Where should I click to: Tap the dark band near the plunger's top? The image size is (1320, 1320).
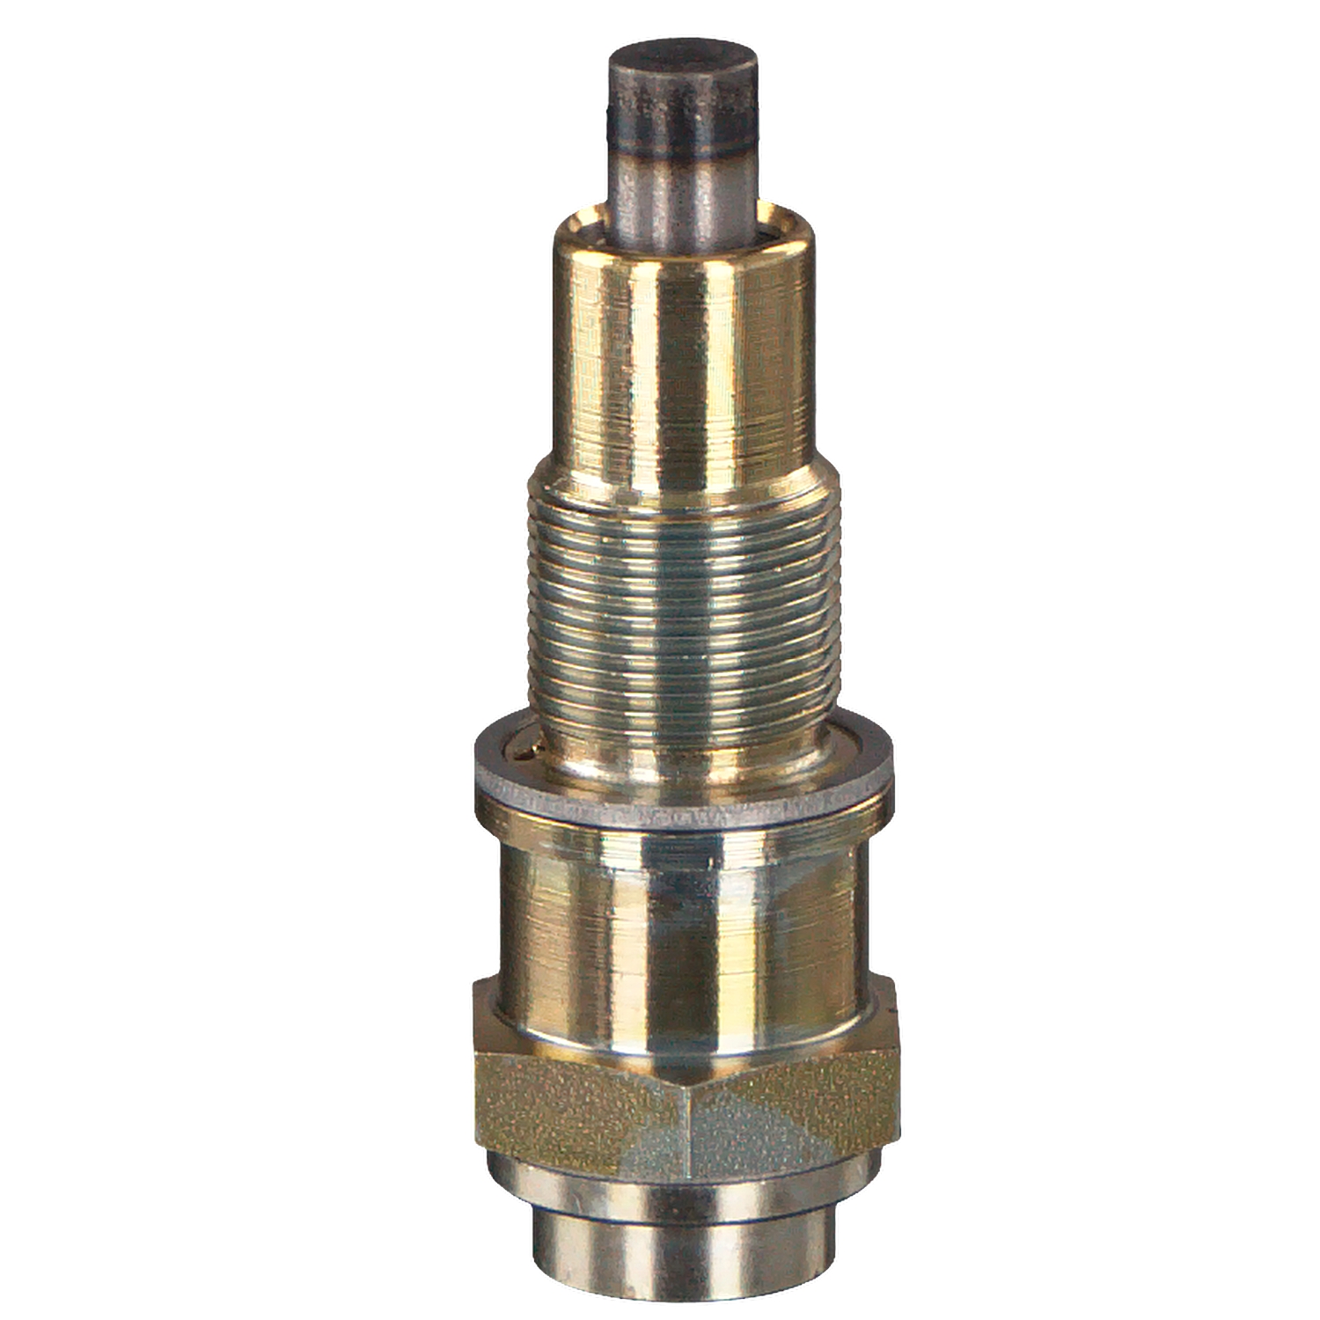click(x=683, y=119)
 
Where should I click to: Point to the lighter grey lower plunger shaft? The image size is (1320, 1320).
click(x=683, y=189)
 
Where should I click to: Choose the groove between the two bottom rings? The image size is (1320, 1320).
click(x=683, y=1219)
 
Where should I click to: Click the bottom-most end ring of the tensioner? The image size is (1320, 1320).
click(x=683, y=1250)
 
